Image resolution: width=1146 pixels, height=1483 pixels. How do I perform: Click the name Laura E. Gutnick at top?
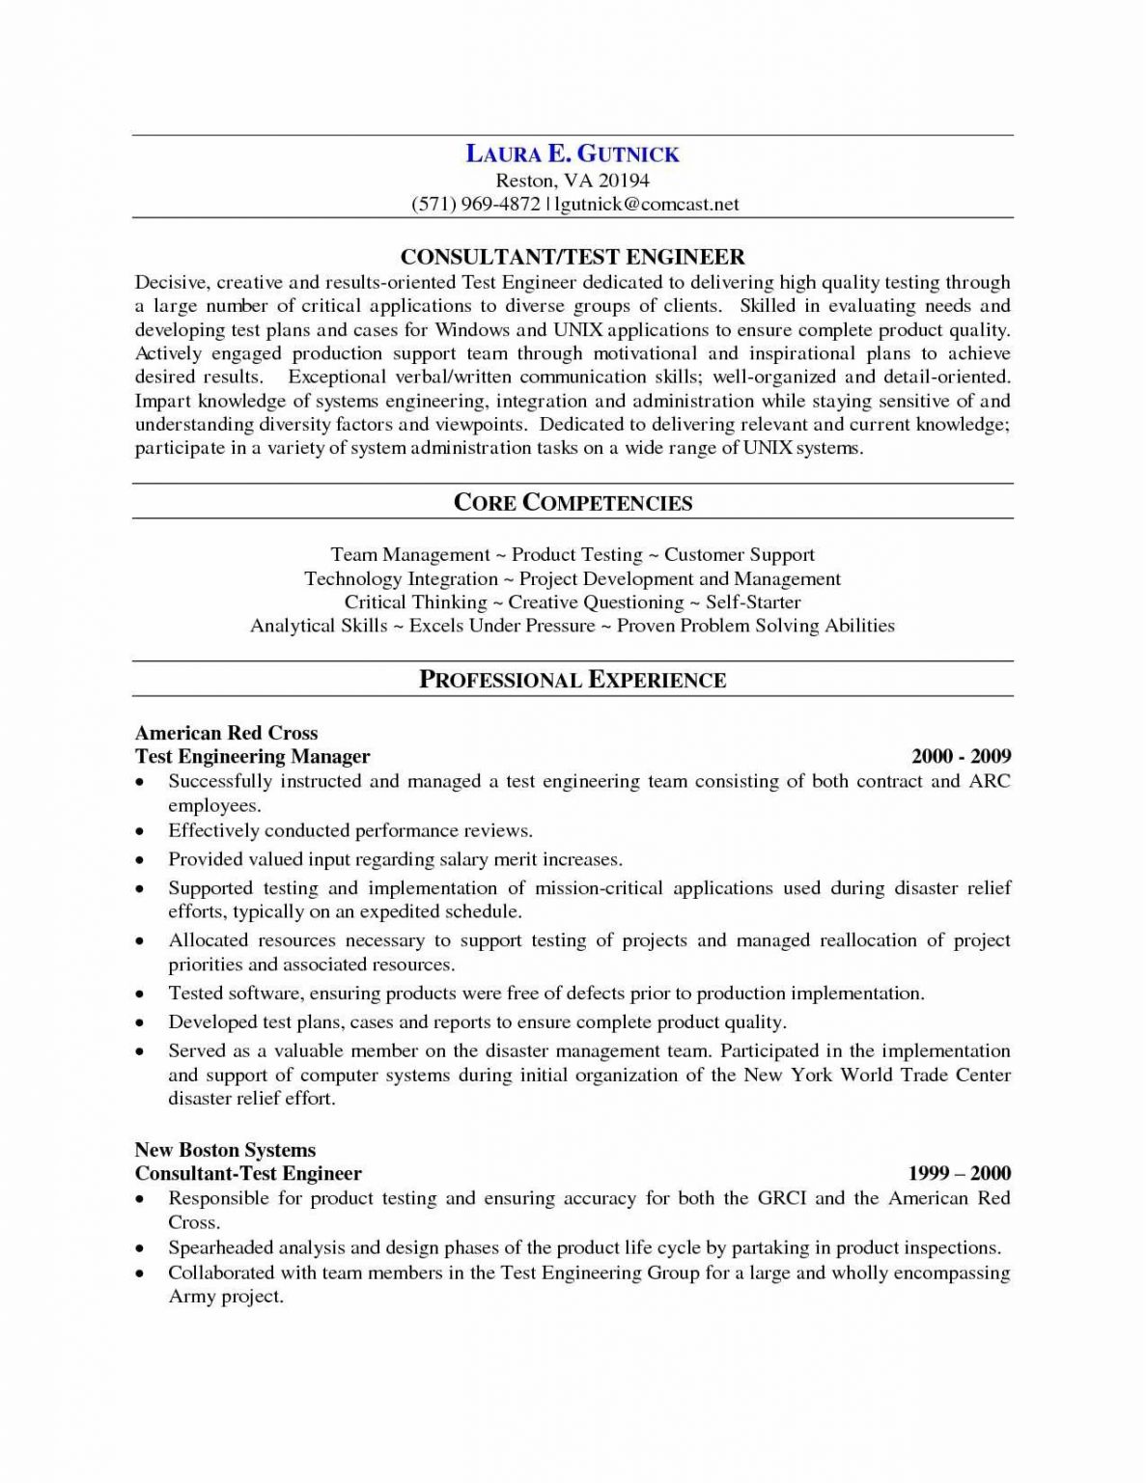[573, 154]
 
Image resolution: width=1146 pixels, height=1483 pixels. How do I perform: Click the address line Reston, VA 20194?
[573, 180]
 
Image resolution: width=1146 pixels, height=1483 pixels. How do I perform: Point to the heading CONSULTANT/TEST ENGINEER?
[573, 257]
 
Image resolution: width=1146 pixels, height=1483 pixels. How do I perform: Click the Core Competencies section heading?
[573, 502]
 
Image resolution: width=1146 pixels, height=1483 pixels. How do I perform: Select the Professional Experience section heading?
[573, 680]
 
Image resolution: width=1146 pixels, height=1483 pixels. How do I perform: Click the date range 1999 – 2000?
[960, 1173]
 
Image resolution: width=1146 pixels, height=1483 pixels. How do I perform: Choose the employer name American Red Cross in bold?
[226, 733]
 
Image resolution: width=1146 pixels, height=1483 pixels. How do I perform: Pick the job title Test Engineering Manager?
[252, 756]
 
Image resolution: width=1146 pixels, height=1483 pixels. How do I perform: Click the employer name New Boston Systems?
[225, 1150]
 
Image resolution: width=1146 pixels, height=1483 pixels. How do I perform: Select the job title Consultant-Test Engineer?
[248, 1173]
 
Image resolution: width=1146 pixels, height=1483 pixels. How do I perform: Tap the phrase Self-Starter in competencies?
[753, 602]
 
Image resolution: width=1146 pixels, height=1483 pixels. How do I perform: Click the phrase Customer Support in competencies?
[740, 554]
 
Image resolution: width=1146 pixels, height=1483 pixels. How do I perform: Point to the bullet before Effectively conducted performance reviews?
[141, 831]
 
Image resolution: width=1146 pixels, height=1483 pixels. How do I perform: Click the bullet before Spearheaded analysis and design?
[141, 1248]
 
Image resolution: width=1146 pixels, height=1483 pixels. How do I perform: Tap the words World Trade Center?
[925, 1075]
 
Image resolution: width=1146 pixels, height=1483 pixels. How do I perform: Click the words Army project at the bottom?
[226, 1297]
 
